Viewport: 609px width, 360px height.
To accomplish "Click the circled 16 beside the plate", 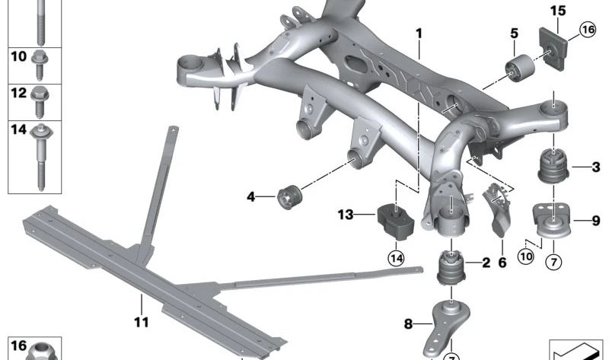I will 587,30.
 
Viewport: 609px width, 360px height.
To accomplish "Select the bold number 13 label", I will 346,215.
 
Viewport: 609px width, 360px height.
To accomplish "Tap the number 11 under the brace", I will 141,322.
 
